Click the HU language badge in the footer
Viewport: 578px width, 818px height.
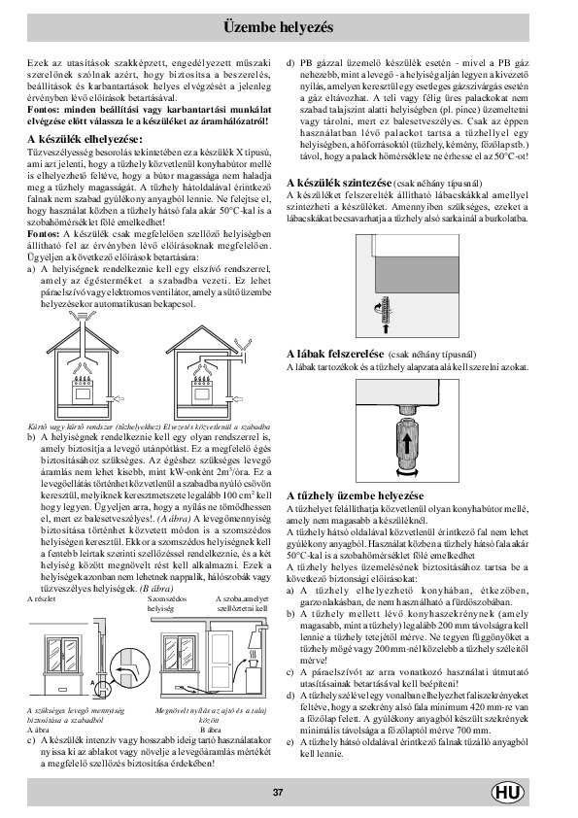pyautogui.click(x=507, y=793)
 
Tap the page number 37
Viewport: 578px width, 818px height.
pyautogui.click(x=278, y=793)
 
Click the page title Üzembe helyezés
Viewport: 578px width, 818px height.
pyautogui.click(x=278, y=27)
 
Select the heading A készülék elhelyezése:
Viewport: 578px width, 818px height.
pyautogui.click(x=85, y=139)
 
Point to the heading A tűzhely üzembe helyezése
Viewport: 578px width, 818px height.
pyautogui.click(x=356, y=495)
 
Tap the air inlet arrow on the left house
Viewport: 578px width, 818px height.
pyautogui.click(x=119, y=398)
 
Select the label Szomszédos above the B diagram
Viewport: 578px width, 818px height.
pyautogui.click(x=167, y=598)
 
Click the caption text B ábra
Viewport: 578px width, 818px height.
pyautogui.click(x=210, y=730)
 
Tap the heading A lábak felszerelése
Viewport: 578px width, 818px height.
pyautogui.click(x=335, y=354)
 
